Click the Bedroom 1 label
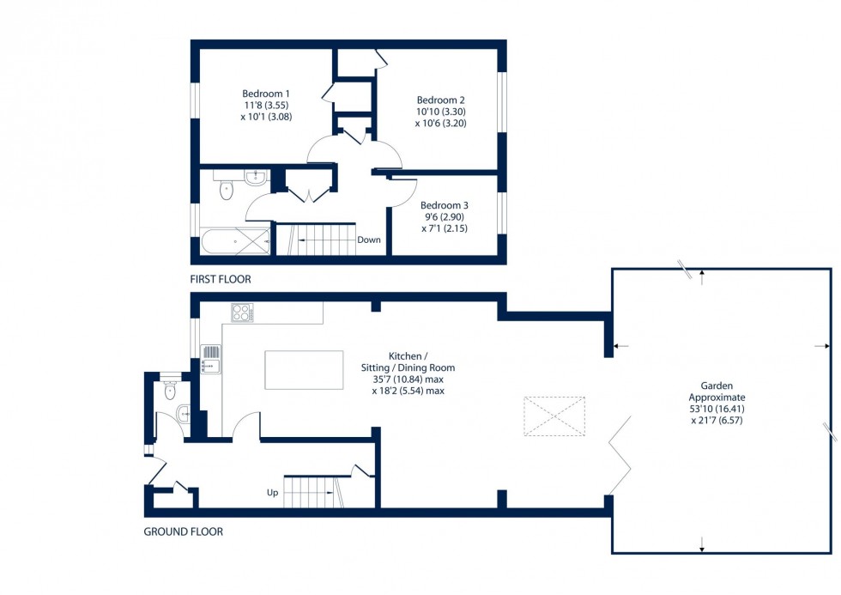[265, 94]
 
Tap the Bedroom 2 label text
[441, 100]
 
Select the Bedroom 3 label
[445, 205]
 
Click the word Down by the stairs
[369, 240]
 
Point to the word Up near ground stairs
[273, 493]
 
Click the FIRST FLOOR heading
[221, 280]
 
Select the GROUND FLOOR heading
[184, 531]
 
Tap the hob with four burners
[242, 313]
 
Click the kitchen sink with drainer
[211, 360]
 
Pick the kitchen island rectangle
[304, 370]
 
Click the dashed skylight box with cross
[554, 416]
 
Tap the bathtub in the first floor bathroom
[235, 241]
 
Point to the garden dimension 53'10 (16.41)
[717, 409]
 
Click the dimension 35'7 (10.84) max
[408, 379]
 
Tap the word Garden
[717, 386]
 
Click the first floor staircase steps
[316, 240]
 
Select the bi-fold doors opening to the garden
[620, 455]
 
